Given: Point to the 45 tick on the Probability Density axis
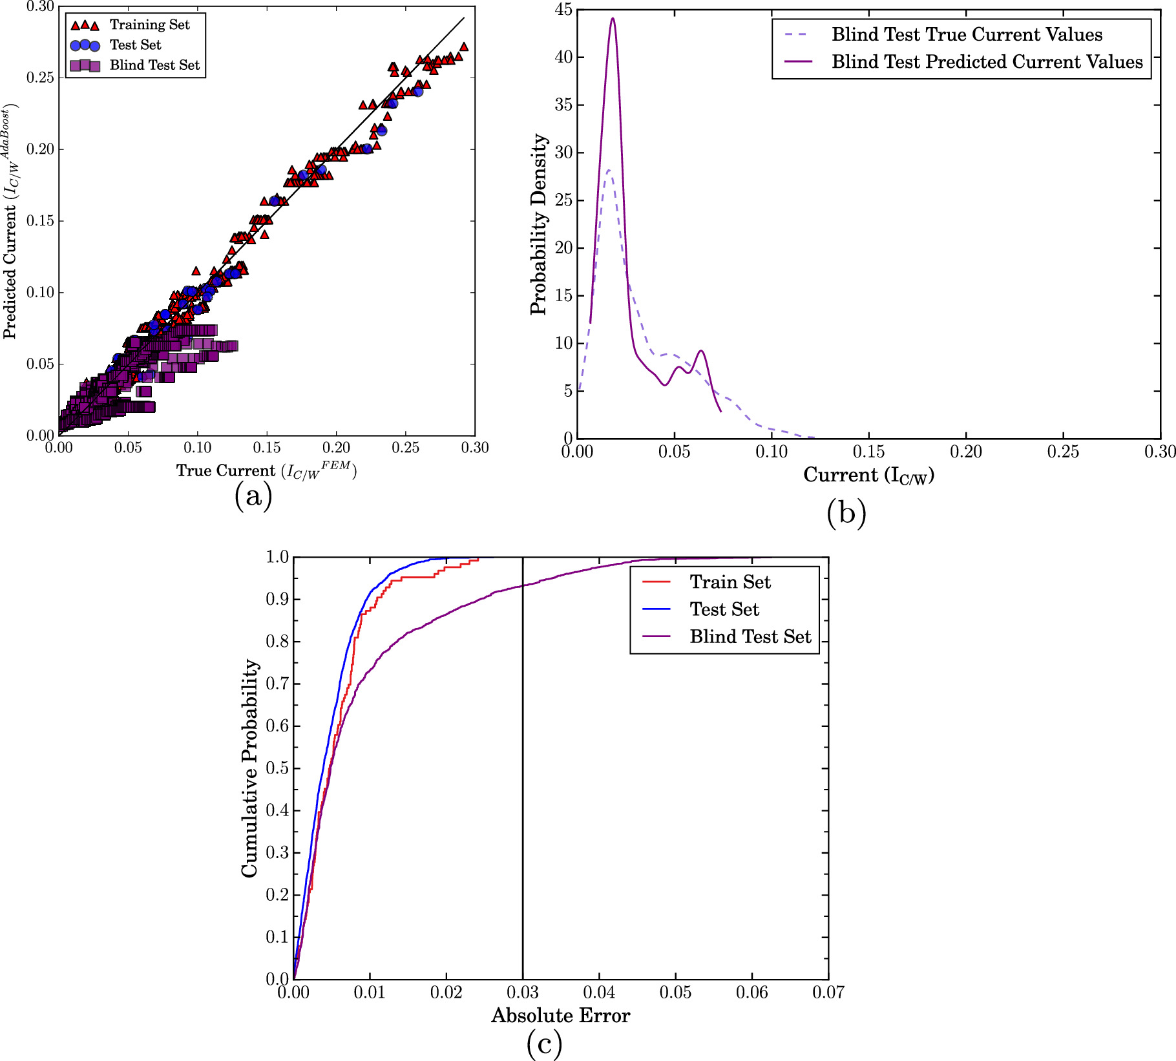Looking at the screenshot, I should click(x=563, y=10).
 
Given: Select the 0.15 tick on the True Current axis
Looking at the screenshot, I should click(x=267, y=448).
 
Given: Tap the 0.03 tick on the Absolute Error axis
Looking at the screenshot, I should click(x=523, y=992).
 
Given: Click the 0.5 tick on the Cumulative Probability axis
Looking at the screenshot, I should click(x=277, y=768).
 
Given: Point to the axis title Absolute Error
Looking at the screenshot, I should click(x=560, y=1016).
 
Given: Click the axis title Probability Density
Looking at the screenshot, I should click(x=538, y=224).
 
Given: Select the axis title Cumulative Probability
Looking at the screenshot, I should click(x=249, y=768).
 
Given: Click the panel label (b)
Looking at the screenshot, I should click(x=846, y=513).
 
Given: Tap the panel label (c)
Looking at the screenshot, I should click(x=544, y=1044).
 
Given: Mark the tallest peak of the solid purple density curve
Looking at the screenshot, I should click(x=613, y=18).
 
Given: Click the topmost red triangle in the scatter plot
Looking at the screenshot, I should click(x=463, y=47).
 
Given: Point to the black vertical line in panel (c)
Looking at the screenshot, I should click(x=523, y=775).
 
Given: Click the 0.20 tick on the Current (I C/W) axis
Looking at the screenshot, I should click(x=965, y=452).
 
